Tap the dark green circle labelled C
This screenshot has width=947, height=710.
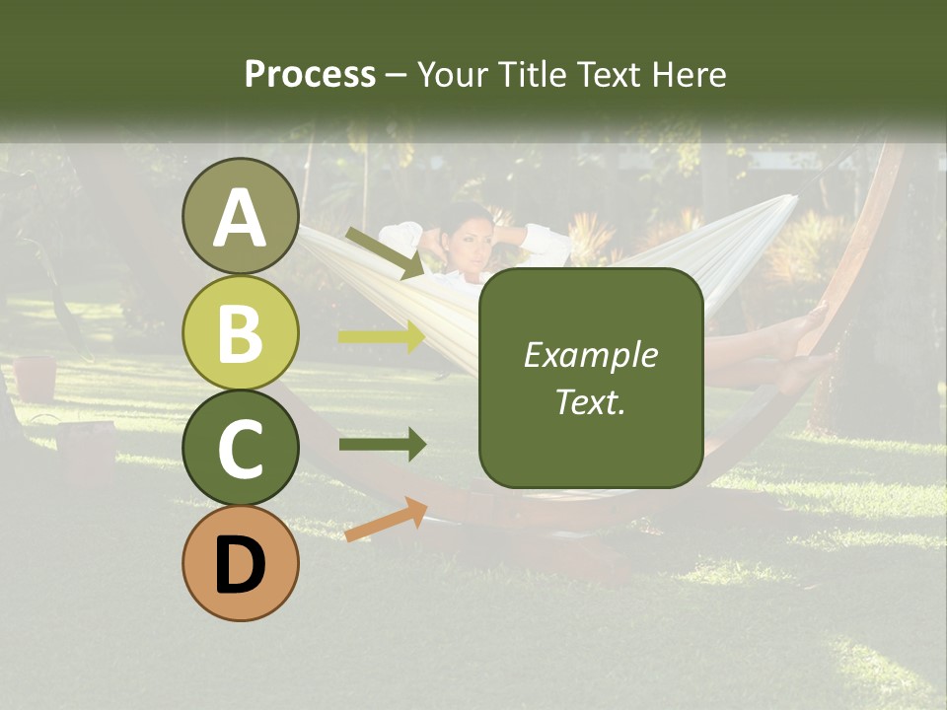pyautogui.click(x=240, y=448)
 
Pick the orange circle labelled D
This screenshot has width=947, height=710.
pyautogui.click(x=240, y=563)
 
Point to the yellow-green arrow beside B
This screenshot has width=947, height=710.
pyautogui.click(x=381, y=337)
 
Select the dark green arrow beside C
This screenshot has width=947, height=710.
pyautogui.click(x=382, y=444)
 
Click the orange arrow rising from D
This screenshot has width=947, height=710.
pyautogui.click(x=386, y=520)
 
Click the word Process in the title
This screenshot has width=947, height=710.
pyautogui.click(x=310, y=75)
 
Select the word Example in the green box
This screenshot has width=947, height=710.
pyautogui.click(x=590, y=355)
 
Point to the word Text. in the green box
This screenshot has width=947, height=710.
pyautogui.click(x=590, y=401)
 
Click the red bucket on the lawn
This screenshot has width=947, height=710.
pyautogui.click(x=36, y=378)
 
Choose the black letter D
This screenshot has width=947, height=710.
pyautogui.click(x=240, y=565)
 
